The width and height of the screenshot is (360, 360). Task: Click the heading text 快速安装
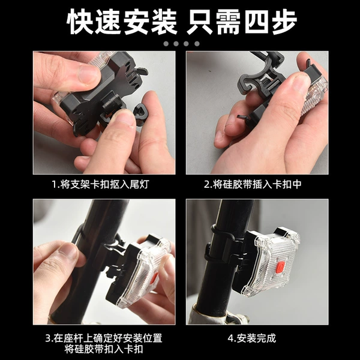(x=122, y=22)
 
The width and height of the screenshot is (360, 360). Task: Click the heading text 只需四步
(x=241, y=22)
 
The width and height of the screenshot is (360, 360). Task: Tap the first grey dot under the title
(x=166, y=44)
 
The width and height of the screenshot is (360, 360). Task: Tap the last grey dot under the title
(x=197, y=44)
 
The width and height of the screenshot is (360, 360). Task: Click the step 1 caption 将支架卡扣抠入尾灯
(x=104, y=184)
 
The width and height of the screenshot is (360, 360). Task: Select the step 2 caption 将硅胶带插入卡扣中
(x=257, y=184)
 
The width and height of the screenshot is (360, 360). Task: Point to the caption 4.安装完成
(x=251, y=338)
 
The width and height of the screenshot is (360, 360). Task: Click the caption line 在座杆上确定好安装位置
(x=108, y=338)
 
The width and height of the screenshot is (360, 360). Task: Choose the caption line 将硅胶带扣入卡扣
(x=104, y=349)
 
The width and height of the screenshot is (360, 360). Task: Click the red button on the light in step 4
(x=280, y=267)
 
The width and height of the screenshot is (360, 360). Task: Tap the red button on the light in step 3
(x=155, y=278)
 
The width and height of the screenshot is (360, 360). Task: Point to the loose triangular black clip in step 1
(x=140, y=114)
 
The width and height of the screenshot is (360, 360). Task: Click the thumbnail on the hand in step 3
(x=68, y=251)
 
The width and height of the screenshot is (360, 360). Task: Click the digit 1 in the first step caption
(x=55, y=184)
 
